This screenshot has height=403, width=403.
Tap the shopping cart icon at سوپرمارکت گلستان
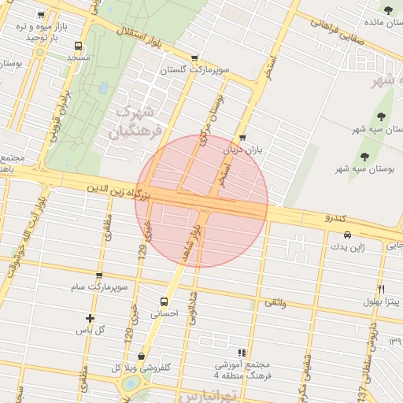(194, 57)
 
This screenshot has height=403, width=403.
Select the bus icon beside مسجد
(77, 46)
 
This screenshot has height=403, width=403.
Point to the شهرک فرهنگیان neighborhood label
(137, 120)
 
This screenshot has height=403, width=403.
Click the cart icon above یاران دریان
(242, 138)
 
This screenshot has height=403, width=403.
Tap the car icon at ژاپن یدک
(347, 235)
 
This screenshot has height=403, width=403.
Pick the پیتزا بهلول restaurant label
(382, 301)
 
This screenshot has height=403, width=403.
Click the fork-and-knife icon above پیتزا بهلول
(382, 288)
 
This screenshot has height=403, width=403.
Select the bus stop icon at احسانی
(164, 301)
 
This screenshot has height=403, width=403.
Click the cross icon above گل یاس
(90, 319)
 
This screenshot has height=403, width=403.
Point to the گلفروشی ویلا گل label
(142, 368)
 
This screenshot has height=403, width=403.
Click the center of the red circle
(201, 201)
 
